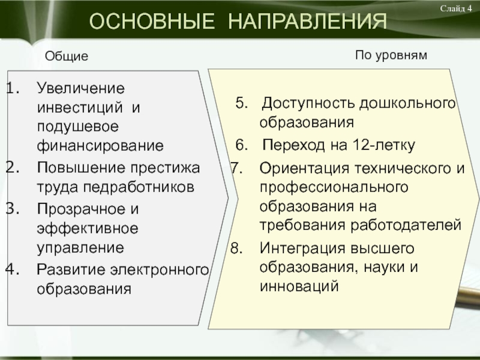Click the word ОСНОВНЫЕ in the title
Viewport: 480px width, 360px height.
(152, 21)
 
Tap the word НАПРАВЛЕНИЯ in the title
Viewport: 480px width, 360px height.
(307, 21)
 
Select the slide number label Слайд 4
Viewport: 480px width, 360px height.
(456, 8)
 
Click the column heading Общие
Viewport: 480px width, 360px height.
(67, 56)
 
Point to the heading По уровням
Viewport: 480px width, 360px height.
(391, 55)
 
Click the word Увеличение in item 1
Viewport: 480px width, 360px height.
(81, 88)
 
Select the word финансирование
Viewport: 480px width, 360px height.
(100, 146)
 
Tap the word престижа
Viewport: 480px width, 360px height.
(166, 168)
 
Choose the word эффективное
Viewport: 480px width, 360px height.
(88, 229)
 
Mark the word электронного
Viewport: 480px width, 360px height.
(159, 269)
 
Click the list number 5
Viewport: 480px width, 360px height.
(242, 103)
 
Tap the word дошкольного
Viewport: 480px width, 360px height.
(407, 103)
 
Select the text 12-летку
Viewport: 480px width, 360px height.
(383, 145)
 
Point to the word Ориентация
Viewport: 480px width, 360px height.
(304, 169)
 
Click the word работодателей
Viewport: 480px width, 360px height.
(406, 226)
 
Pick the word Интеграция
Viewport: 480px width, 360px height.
(302, 248)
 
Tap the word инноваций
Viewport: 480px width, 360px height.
(299, 286)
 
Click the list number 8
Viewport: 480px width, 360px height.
(236, 248)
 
